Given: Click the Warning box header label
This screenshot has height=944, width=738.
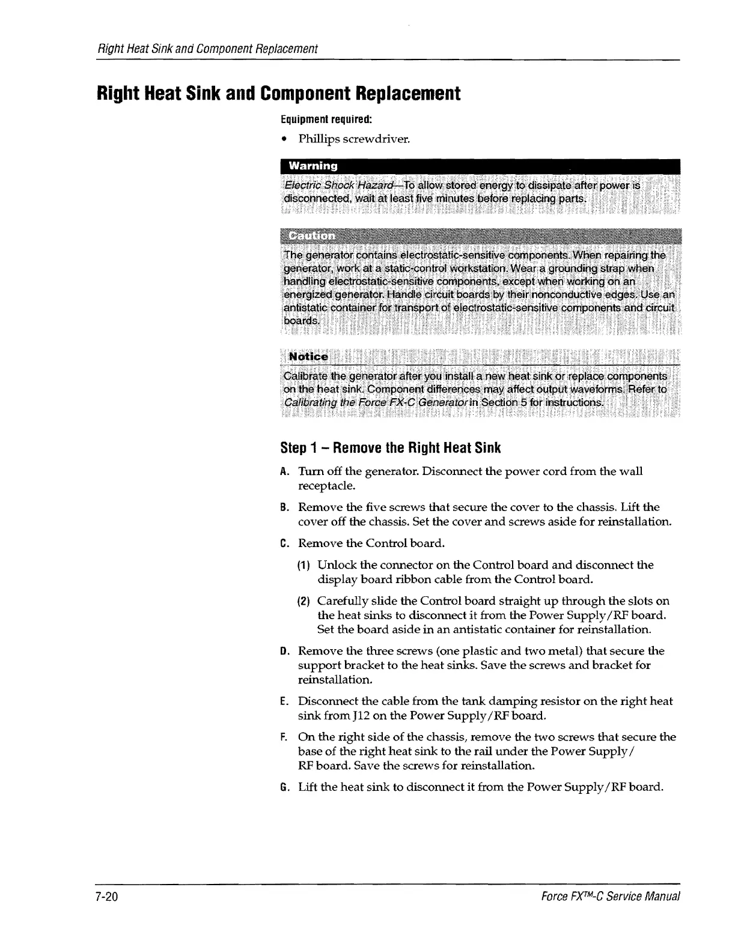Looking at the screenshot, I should tap(313, 165).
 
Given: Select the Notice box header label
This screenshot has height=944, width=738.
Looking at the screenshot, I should tap(308, 357).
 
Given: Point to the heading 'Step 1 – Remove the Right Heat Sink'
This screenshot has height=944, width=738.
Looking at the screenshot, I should tap(390, 448).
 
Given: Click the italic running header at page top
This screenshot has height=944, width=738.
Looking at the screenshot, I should tap(207, 48).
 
